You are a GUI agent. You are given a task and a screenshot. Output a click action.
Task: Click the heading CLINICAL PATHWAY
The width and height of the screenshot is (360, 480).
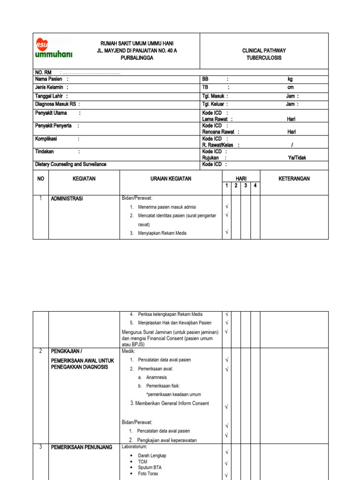[264, 51]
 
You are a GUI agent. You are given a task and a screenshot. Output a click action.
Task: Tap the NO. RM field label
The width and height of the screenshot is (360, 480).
[43, 73]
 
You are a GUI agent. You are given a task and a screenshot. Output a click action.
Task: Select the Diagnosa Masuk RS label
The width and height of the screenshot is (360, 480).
[56, 104]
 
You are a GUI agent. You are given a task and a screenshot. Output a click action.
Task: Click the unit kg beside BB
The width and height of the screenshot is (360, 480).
[290, 80]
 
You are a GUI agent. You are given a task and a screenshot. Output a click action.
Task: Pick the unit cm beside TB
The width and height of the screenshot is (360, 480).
[290, 88]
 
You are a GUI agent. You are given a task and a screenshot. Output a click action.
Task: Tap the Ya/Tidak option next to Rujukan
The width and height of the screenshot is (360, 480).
[297, 158]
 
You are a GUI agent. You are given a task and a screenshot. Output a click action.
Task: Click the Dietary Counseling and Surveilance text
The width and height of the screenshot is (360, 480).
[71, 165]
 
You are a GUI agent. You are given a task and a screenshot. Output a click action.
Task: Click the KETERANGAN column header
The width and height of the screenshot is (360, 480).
[294, 179]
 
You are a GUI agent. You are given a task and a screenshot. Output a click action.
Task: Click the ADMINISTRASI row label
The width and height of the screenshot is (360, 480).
[67, 199]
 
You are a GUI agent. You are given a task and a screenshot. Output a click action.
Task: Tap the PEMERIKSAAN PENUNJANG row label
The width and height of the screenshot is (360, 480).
[82, 448]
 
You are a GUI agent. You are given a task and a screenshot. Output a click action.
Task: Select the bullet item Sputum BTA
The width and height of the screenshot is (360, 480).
[150, 468]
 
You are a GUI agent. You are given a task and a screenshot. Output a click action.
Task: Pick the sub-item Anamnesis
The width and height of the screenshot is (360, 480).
[156, 377]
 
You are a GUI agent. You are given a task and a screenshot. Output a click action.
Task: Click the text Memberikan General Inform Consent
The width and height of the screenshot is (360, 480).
[170, 404]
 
